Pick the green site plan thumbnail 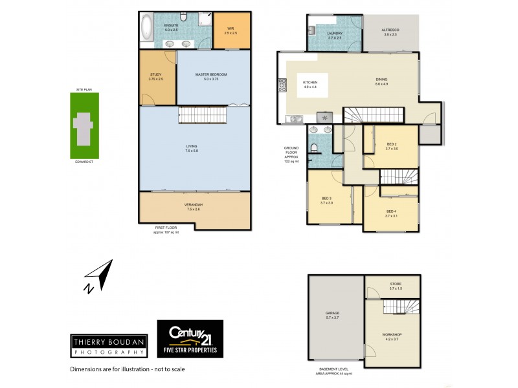pos(84,125)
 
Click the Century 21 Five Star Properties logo pos(190,339)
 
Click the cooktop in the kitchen pos(283,84)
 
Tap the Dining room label pos(381,81)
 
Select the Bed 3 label pos(326,200)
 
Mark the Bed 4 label pos(390,213)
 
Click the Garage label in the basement pos(332,315)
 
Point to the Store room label pos(396,285)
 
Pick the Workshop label pos(392,336)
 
